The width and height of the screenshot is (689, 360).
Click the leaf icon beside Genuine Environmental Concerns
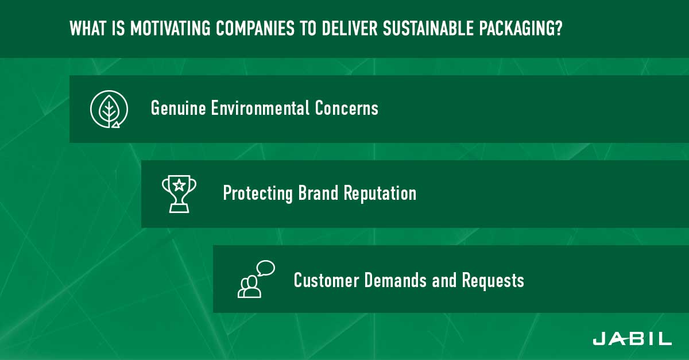[109, 109]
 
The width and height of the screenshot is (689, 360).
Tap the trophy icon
[179, 194]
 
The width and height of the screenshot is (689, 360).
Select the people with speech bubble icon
[256, 279]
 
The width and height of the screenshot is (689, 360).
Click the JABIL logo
[632, 339]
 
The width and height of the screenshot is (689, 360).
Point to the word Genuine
[178, 109]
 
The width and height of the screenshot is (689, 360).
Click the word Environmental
[260, 108]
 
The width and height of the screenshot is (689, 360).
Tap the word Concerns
[347, 108]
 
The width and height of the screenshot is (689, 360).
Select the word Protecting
[258, 194]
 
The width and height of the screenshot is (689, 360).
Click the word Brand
[318, 193]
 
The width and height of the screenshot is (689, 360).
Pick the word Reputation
[380, 194]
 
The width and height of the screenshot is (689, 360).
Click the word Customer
[326, 280]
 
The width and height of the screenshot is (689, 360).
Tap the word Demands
[396, 280]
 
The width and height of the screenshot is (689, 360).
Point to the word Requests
[493, 281]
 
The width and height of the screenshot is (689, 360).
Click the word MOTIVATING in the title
[171, 28]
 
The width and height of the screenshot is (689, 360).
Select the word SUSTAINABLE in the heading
[428, 28]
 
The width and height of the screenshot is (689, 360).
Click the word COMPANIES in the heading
[255, 28]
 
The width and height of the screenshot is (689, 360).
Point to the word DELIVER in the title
[350, 28]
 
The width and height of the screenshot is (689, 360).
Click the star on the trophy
[179, 185]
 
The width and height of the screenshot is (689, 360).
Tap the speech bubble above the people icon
[266, 268]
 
